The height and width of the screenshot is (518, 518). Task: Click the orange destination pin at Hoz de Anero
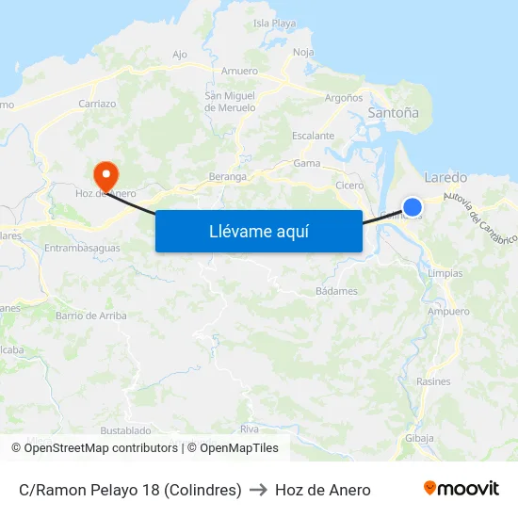tap(105, 173)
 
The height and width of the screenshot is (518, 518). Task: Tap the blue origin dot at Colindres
tap(412, 206)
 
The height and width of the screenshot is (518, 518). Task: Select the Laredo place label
tap(445, 177)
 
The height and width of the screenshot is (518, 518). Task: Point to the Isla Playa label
tap(275, 23)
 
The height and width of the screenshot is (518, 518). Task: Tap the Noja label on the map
tap(303, 52)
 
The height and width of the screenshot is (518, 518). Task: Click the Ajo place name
tap(181, 54)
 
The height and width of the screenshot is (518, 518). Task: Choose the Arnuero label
tap(239, 71)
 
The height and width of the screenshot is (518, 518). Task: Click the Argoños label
tap(344, 97)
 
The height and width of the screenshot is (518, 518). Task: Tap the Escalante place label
tap(313, 136)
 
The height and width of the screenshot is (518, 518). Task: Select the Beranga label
tap(227, 176)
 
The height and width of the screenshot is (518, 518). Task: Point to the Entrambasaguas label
tap(82, 248)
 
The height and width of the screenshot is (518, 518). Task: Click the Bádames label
tap(336, 291)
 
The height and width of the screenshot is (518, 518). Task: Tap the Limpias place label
tap(445, 273)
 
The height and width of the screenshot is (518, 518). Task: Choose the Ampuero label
tap(448, 311)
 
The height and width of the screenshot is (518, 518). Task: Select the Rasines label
tap(433, 381)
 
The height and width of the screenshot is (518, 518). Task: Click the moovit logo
tap(461, 489)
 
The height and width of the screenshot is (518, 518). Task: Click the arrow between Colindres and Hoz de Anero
tap(258, 490)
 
